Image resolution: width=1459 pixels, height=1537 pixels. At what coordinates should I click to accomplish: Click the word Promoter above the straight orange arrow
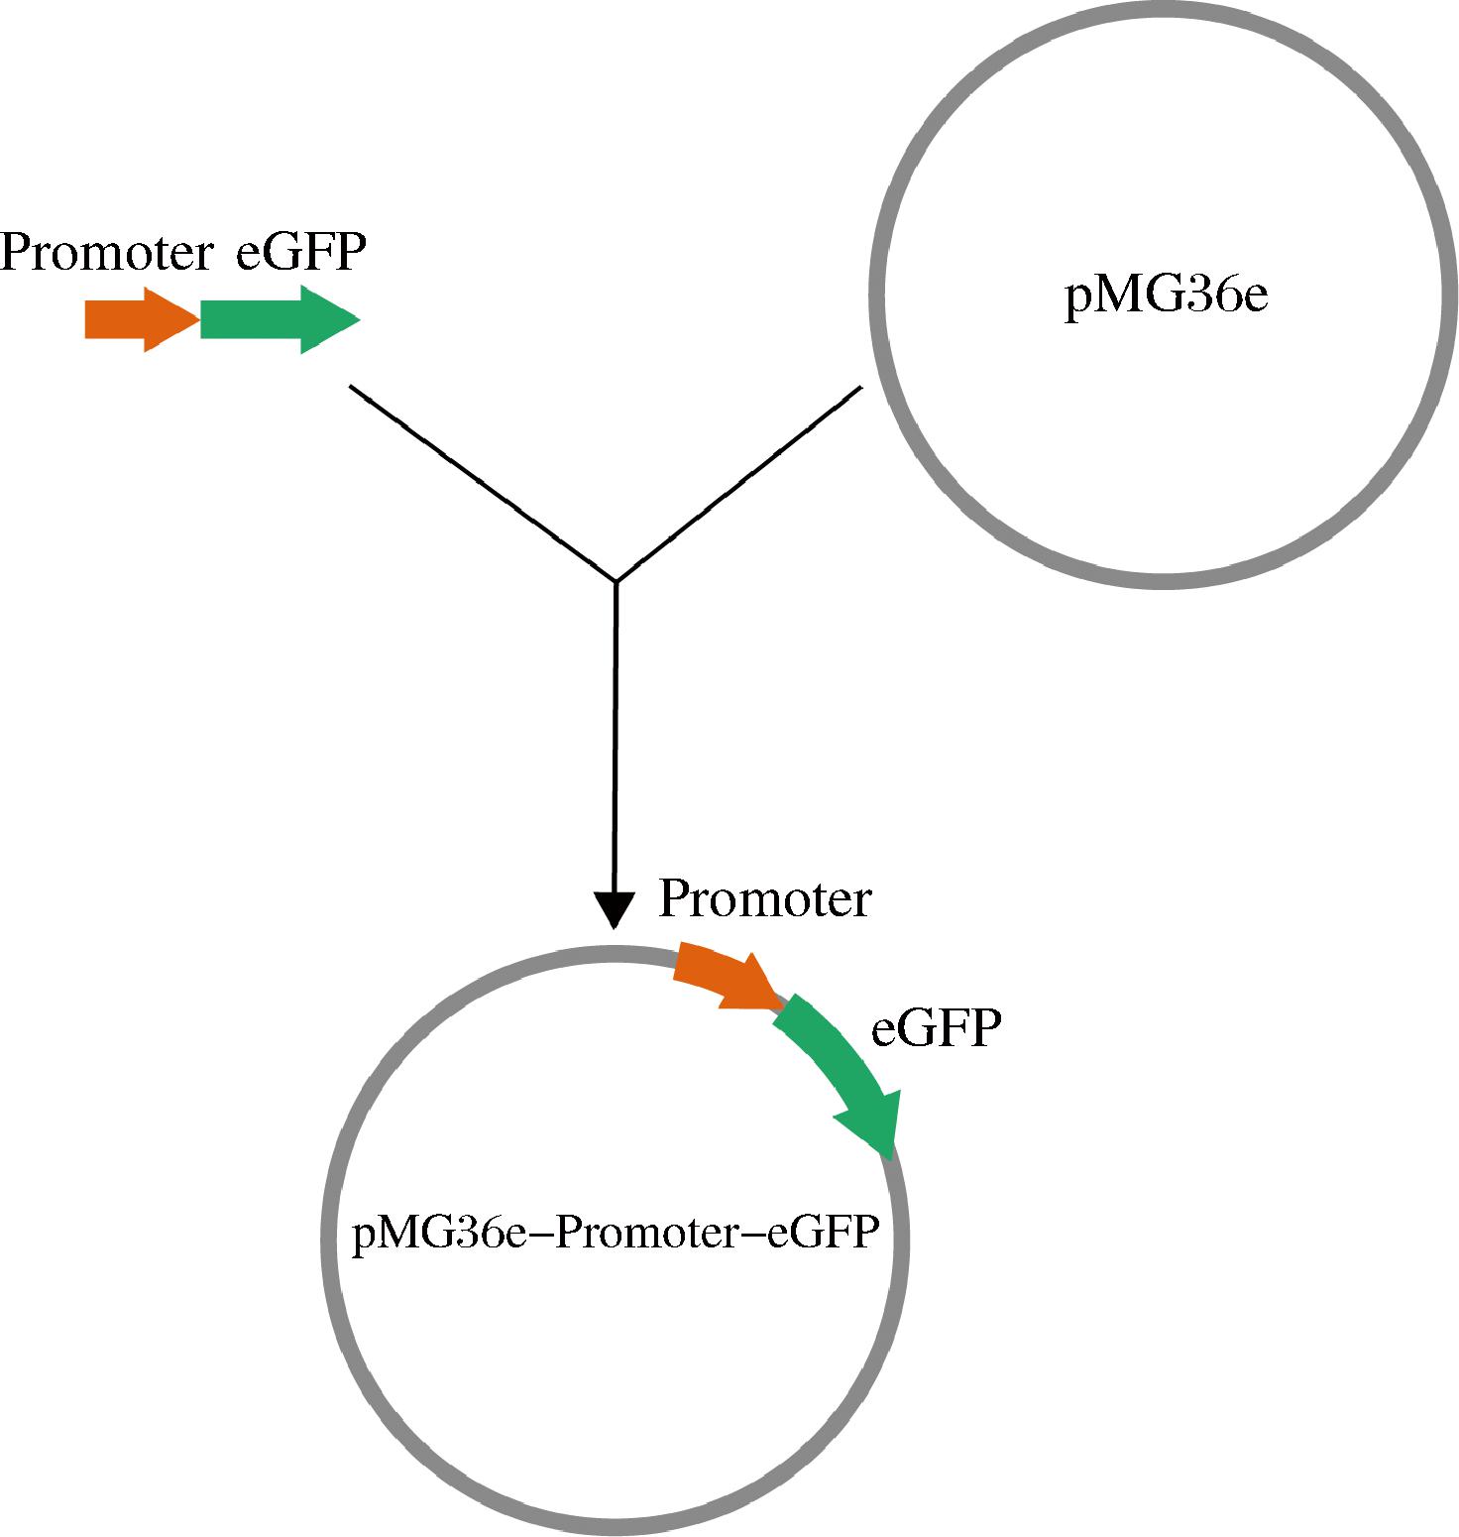pos(106,253)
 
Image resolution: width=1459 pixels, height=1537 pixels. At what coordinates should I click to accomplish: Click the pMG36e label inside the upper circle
pos(1166,296)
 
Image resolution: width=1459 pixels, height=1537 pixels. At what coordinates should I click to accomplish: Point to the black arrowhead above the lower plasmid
pos(615,908)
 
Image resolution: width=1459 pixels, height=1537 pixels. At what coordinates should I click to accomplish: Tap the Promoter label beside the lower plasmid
pos(764,899)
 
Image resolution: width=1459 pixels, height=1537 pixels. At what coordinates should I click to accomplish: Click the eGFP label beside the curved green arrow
pos(936,1029)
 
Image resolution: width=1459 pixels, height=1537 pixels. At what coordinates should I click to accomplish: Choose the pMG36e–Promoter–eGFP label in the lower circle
pos(616,1234)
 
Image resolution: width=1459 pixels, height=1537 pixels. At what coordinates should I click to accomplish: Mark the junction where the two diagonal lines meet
pos(617,581)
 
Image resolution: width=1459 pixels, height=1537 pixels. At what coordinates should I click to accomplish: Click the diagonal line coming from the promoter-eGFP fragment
pos(483,483)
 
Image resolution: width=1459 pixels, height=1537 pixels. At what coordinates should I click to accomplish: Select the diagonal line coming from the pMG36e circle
pos(739,484)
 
